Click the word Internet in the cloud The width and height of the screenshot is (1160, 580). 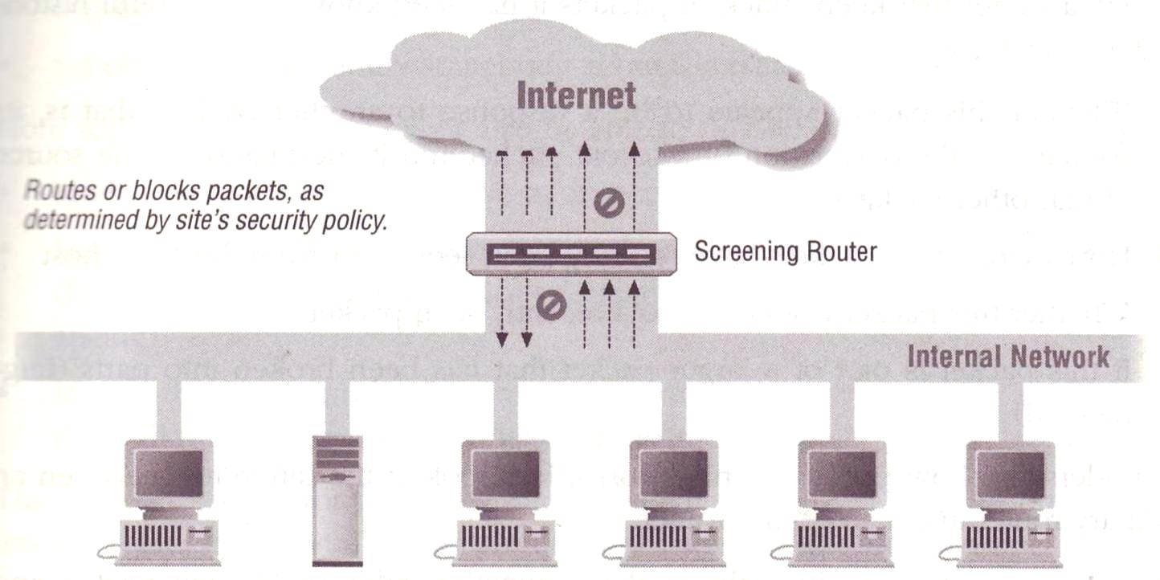coord(576,95)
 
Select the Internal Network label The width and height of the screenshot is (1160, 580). coord(1008,356)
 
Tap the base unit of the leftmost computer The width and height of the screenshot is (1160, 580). coord(168,536)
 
